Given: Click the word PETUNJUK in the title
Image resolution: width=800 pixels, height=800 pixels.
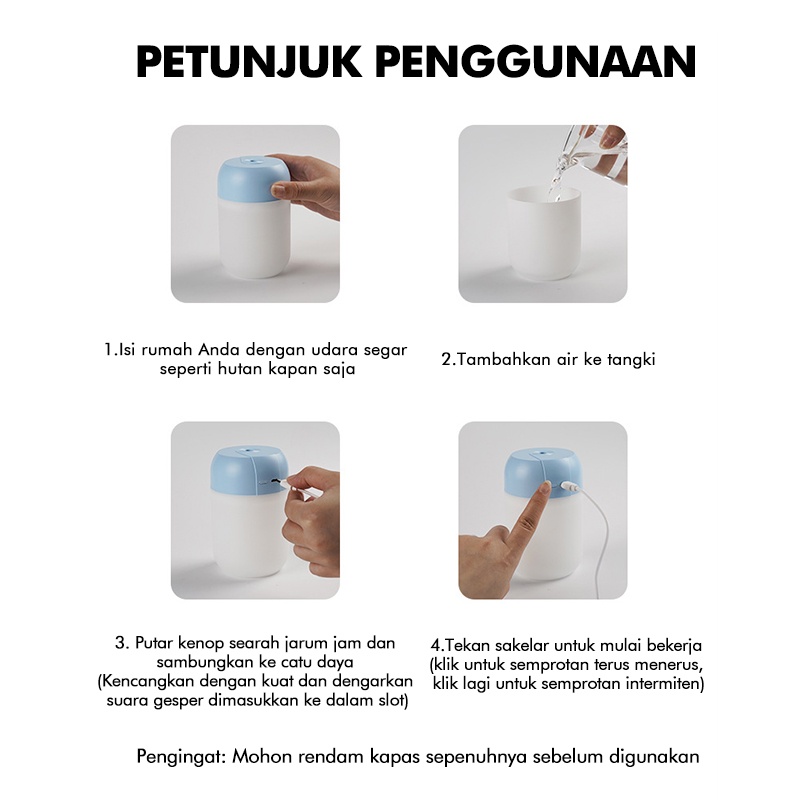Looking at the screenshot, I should click(250, 62).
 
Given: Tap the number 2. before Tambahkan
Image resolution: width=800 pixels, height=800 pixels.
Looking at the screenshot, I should click(448, 359).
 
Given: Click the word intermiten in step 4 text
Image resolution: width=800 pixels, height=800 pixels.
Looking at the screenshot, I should click(666, 684).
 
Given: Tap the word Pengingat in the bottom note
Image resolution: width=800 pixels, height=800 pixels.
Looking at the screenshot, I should click(180, 755).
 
